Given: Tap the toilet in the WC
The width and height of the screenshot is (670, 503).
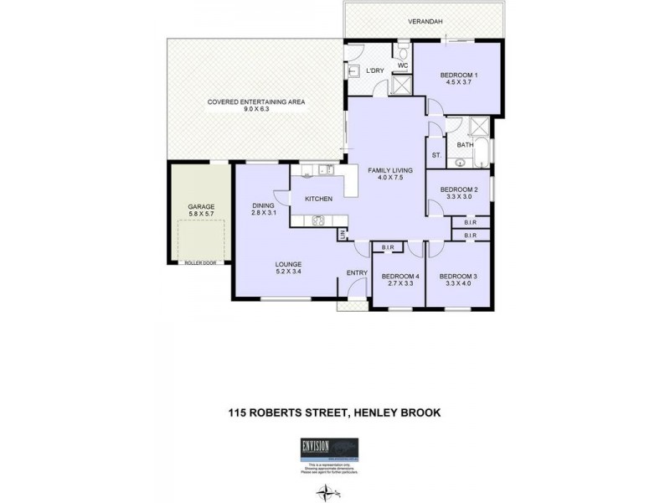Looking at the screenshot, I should click(x=402, y=49).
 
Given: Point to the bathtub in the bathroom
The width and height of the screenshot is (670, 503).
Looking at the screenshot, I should click(x=466, y=157).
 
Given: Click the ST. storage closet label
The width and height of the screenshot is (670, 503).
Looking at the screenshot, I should click(x=436, y=156).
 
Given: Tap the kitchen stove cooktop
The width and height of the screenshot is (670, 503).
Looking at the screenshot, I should click(x=319, y=220).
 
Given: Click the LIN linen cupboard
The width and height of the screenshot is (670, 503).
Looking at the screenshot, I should click(x=343, y=236).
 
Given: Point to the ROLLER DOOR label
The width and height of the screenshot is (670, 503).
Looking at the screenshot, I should click(x=201, y=262).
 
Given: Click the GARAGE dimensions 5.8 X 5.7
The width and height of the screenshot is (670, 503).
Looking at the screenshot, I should click(x=201, y=215).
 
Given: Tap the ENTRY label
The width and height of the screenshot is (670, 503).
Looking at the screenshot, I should click(x=357, y=272).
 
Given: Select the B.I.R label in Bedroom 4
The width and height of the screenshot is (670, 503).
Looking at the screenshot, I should click(x=388, y=247).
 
